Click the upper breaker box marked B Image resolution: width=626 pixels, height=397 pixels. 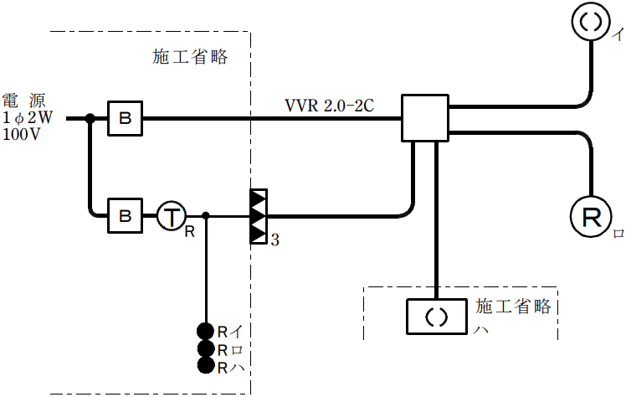coord(125,120)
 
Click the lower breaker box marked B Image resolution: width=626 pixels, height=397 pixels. coord(125,216)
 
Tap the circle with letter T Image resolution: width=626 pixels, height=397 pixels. coord(171,216)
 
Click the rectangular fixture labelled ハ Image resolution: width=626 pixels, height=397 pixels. coord(436,317)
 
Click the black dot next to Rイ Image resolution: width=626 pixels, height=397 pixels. coord(205,330)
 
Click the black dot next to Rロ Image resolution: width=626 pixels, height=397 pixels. coord(205,348)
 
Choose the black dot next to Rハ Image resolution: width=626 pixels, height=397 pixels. coord(205,366)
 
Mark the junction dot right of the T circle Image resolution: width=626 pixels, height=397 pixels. coord(206,216)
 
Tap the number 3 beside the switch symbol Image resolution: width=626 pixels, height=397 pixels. coord(275,240)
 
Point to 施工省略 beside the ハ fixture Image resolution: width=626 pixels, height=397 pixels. coord(513,307)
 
